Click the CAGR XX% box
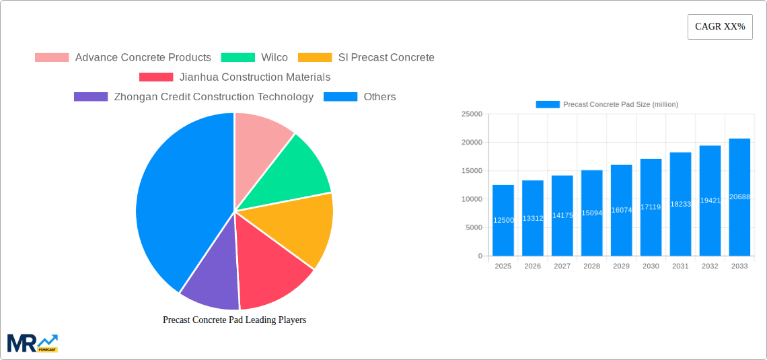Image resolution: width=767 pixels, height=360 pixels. coord(720,27)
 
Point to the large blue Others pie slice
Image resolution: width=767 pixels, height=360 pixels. coord(178,202)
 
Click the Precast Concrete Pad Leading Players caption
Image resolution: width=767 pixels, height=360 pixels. coord(234,320)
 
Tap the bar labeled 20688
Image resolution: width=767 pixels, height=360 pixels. coord(739,197)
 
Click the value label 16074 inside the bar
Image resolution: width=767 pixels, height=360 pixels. coord(621,210)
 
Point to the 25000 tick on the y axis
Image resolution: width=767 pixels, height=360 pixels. coord(471,114)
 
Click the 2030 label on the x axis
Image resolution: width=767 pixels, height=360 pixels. coord(651,266)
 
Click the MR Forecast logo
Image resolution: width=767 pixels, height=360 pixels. coord(32,343)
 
